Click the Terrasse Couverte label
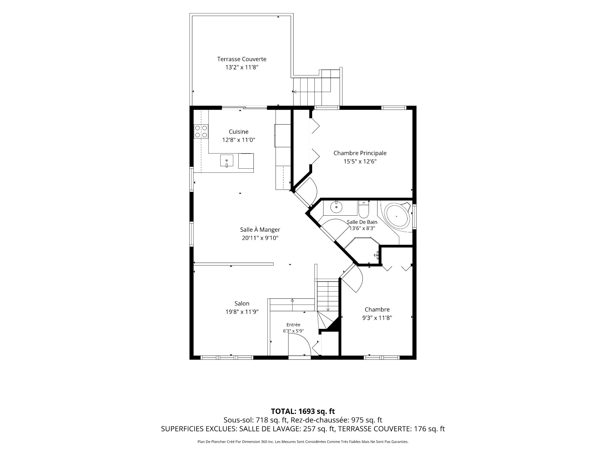coord(241,59)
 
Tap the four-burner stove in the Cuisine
coord(201,131)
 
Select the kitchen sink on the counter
coord(227,160)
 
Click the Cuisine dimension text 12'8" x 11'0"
coord(239,140)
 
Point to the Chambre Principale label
coord(360,153)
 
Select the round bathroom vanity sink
coord(336,207)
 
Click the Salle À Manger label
coord(260,230)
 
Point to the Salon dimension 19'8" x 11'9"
coord(242,312)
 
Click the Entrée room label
coord(293,325)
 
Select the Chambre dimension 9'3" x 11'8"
coord(377,318)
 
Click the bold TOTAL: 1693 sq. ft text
coord(303,411)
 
